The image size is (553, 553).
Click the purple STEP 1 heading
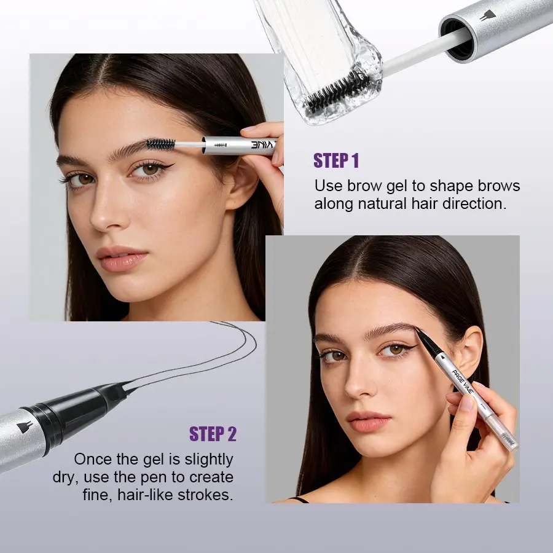pos(335,161)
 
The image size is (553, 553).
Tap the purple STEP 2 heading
pos(213,434)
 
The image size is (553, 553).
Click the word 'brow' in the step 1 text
pos(364,186)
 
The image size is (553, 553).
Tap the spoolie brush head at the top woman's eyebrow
pos(160,144)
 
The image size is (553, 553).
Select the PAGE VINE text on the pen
pos(463,382)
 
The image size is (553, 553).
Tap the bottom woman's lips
pos(368,422)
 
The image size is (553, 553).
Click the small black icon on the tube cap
pos(488,15)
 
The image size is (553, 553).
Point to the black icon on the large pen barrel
pos(25,427)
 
